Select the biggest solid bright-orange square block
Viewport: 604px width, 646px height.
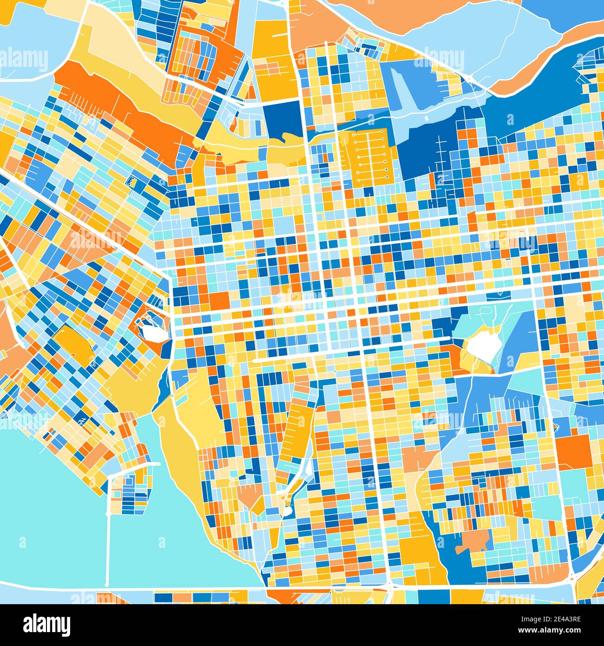(574, 452)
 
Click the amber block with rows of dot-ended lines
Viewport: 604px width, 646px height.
(369, 156)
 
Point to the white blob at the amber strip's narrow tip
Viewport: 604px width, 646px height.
(288, 512)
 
